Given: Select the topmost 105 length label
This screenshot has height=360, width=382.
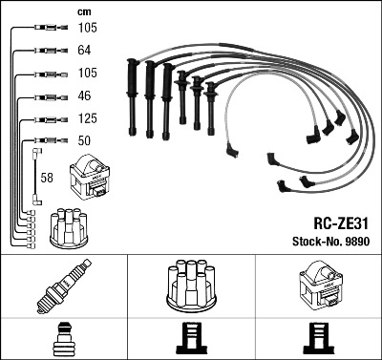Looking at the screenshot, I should (x=86, y=29).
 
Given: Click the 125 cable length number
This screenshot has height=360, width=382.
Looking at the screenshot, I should (x=86, y=119).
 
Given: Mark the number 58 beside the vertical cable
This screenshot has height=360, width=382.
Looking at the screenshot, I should (x=48, y=177).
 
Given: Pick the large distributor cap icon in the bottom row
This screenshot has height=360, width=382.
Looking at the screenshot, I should (x=191, y=285).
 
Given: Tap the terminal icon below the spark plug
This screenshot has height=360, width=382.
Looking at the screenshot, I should (x=64, y=338).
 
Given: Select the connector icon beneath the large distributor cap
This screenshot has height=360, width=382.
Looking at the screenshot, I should (x=191, y=338).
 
